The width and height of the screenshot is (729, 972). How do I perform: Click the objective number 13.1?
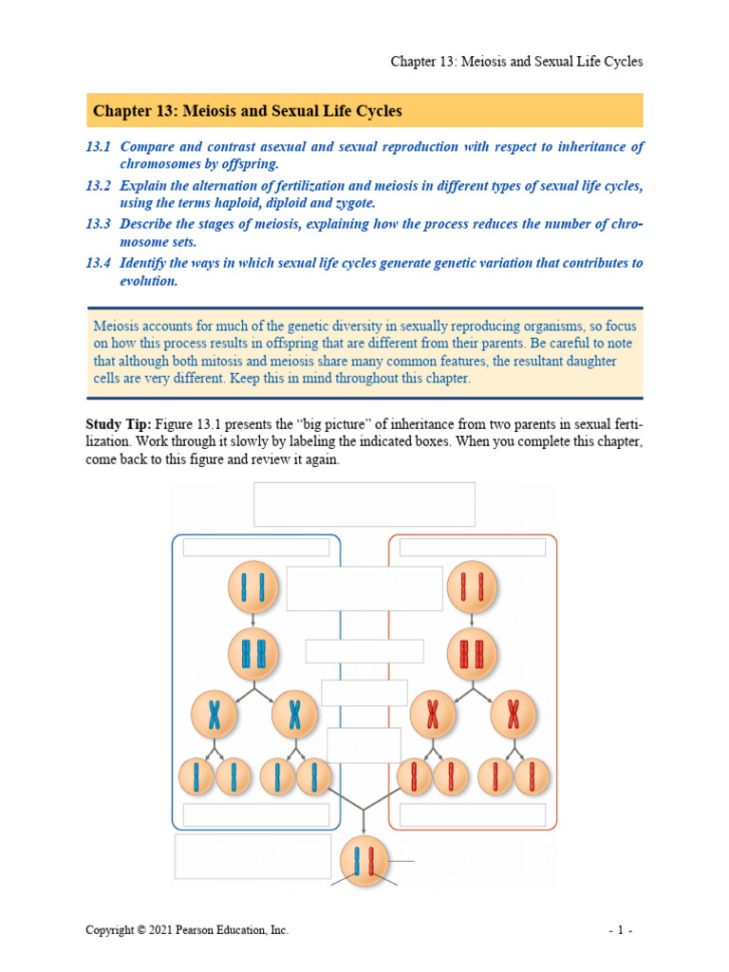[x=98, y=147]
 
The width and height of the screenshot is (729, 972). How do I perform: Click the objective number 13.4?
[x=98, y=263]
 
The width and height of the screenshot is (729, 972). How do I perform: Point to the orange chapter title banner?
[x=364, y=111]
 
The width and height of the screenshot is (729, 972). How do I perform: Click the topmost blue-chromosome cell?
[x=253, y=588]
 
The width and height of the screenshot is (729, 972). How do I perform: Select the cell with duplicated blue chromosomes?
[x=253, y=654]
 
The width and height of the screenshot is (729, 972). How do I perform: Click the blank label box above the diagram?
[x=364, y=503]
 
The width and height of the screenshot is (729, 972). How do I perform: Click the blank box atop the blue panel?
[x=256, y=547]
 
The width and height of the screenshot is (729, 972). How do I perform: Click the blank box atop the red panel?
[x=473, y=547]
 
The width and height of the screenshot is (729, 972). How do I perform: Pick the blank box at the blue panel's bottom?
[x=256, y=815]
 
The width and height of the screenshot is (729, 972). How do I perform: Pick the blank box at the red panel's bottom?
[x=473, y=815]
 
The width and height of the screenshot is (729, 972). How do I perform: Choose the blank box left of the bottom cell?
[x=252, y=856]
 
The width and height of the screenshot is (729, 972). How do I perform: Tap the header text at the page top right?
[x=516, y=62]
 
